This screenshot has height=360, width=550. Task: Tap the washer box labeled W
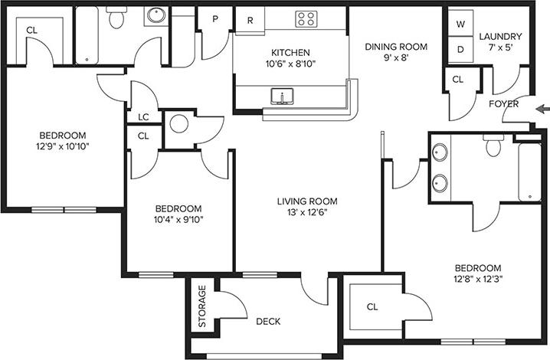pyautogui.click(x=460, y=25)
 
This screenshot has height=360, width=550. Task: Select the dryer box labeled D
pyautogui.click(x=460, y=50)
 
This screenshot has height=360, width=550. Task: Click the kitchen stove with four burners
pyautogui.click(x=308, y=19)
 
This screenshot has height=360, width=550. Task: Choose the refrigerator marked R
pyautogui.click(x=250, y=20)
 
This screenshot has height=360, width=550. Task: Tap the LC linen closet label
pyautogui.click(x=143, y=117)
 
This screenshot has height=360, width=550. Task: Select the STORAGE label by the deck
pyautogui.click(x=202, y=306)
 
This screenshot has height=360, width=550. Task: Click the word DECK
pyautogui.click(x=267, y=322)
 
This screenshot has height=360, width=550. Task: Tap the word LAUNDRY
pyautogui.click(x=500, y=36)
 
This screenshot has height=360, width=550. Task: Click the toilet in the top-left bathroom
pyautogui.click(x=116, y=19)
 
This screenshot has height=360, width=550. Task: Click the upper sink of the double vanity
pyautogui.click(x=440, y=152)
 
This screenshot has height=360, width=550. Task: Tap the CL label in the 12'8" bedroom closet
pyautogui.click(x=372, y=307)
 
